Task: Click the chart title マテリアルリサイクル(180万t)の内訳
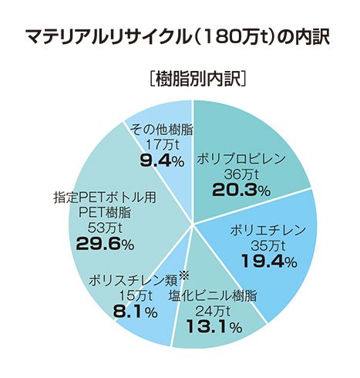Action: (x=179, y=37)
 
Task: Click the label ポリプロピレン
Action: (x=241, y=159)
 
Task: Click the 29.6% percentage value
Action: (x=105, y=245)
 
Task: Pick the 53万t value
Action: (x=106, y=228)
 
